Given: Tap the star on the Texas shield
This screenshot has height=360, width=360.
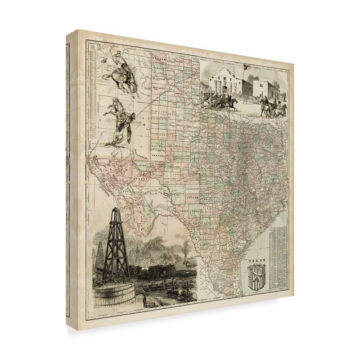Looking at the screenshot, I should coord(257,275).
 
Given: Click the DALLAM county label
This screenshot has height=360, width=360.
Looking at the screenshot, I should coord(158,58).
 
